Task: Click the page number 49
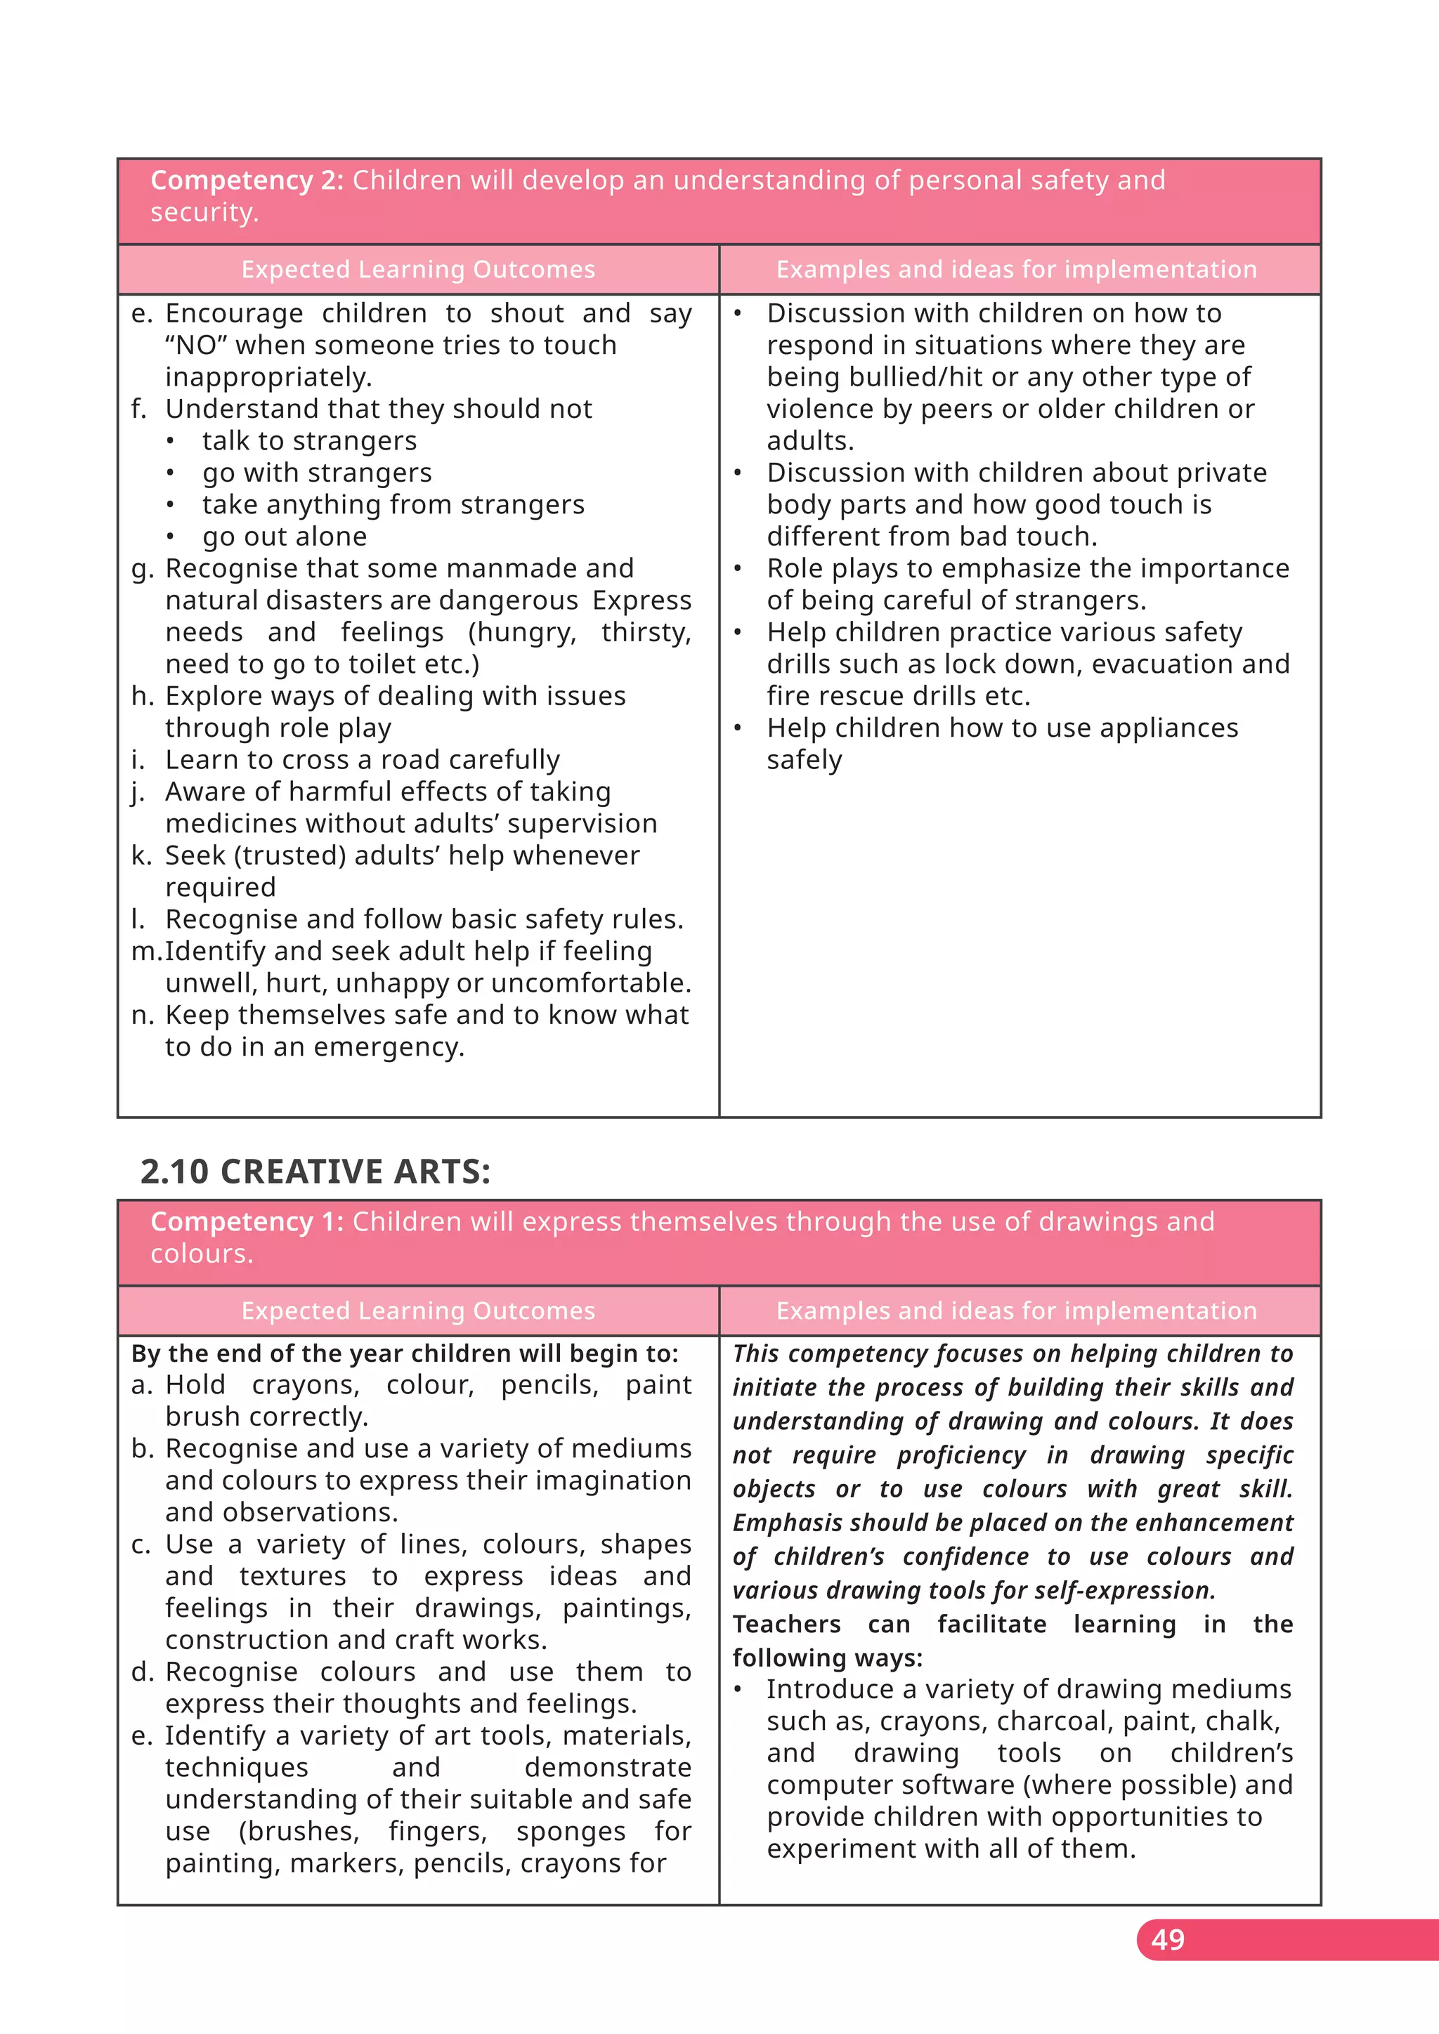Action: pos(1167,1939)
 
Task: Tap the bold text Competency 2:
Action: pos(247,180)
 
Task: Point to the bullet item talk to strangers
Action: pos(308,440)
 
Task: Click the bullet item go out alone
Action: pos(284,536)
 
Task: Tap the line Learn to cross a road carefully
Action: pos(362,759)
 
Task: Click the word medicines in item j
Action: pos(230,823)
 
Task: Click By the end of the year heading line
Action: pos(404,1353)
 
